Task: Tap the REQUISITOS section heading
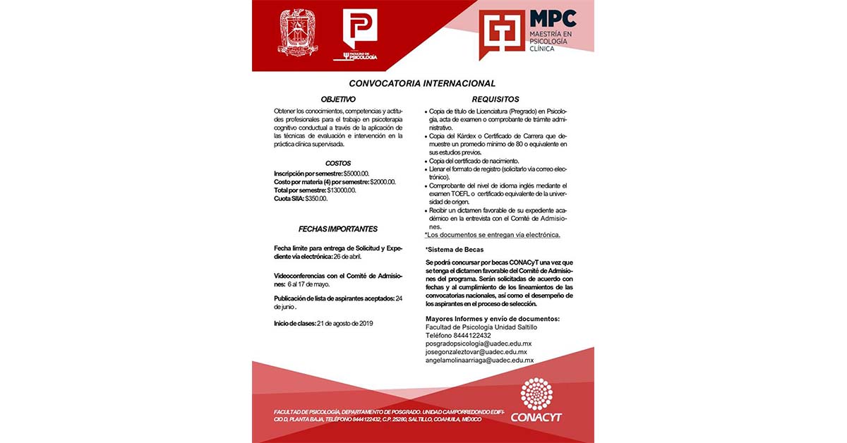tap(495, 99)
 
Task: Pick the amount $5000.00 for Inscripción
tap(356, 174)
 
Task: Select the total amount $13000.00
tap(342, 190)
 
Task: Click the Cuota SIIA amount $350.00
tap(316, 199)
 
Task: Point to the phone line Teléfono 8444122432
tap(458, 335)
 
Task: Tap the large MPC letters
tap(553, 18)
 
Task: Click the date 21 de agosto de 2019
tap(346, 324)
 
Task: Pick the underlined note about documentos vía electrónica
tap(493, 235)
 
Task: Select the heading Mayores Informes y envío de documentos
tap(492, 319)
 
